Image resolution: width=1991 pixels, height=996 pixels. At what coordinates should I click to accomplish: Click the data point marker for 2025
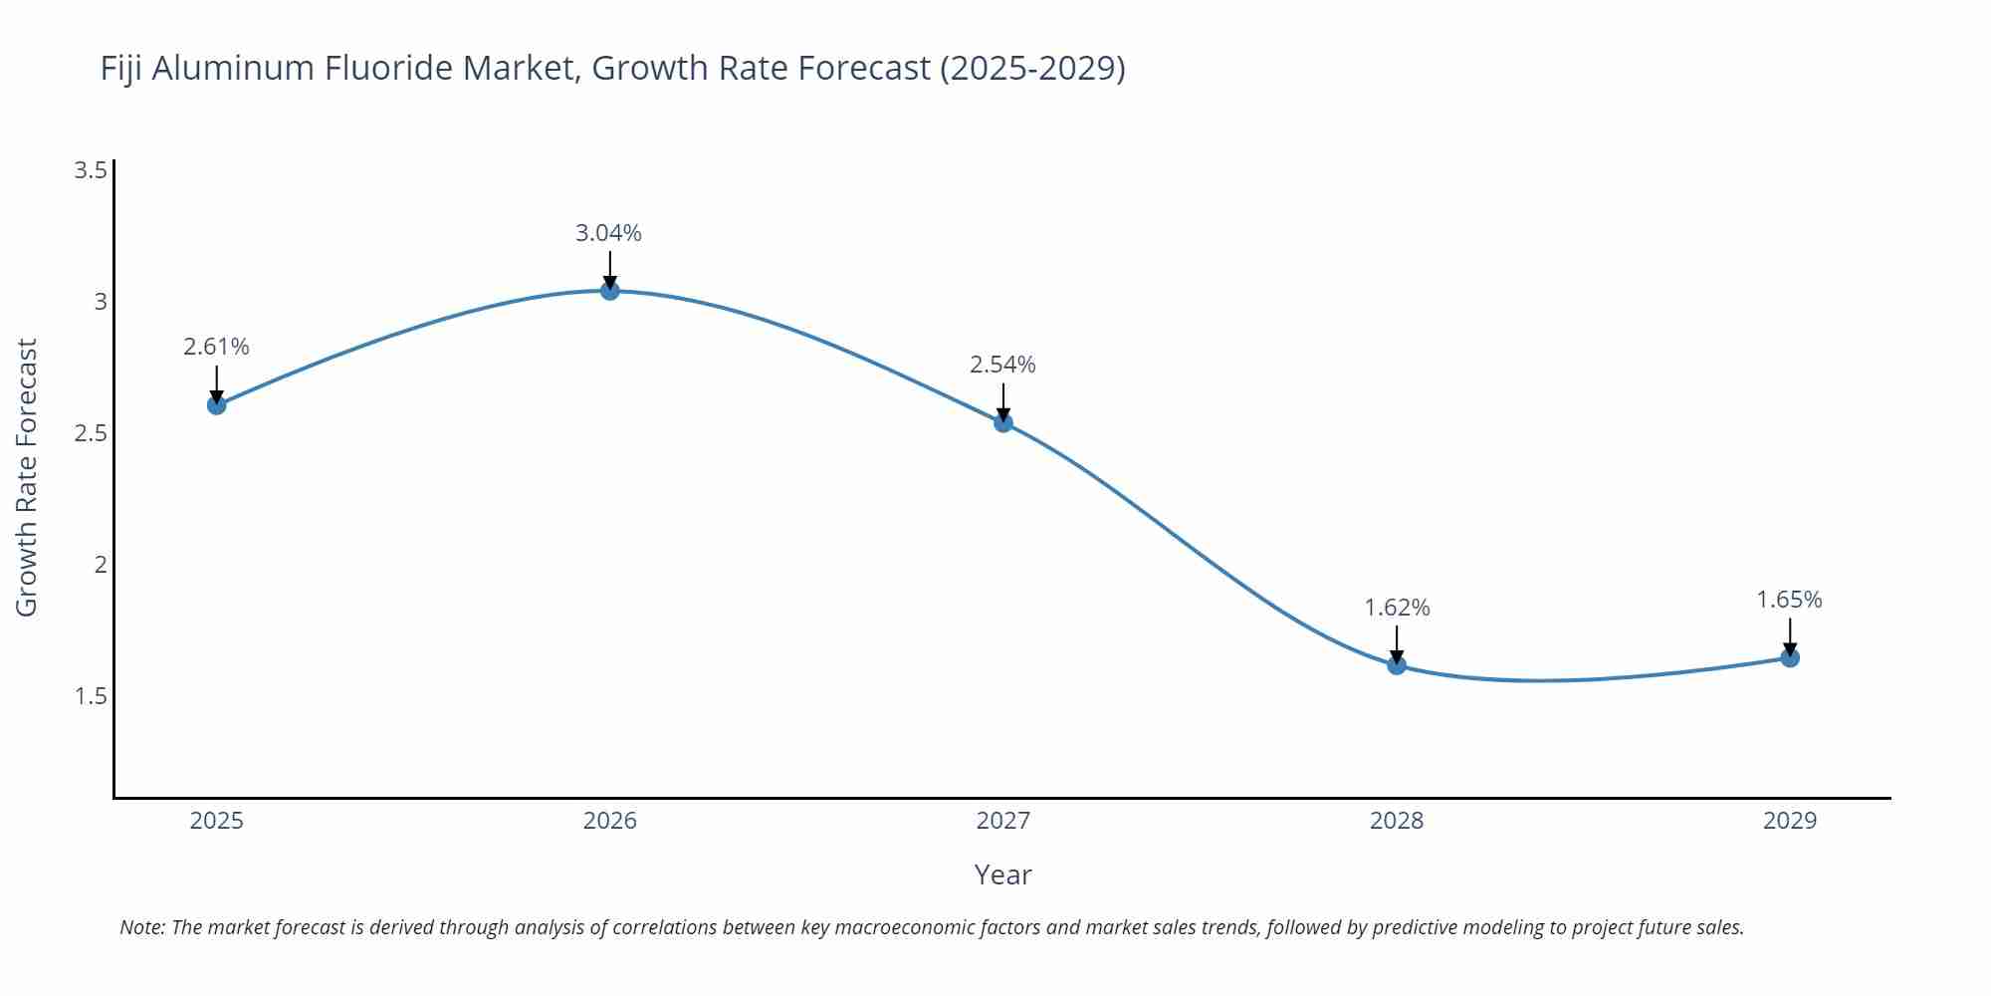[x=216, y=404]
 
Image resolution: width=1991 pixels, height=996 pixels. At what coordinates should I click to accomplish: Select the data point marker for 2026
[x=609, y=291]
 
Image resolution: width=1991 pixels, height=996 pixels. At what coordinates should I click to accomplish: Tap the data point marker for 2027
[x=1002, y=422]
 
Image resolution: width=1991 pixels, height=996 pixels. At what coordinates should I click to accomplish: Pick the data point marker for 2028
[x=1396, y=664]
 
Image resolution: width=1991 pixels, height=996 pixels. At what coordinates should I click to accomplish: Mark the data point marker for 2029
[x=1789, y=657]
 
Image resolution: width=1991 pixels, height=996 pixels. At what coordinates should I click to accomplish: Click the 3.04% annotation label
[x=608, y=233]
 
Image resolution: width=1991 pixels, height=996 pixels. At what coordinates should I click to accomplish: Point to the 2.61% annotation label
[x=216, y=347]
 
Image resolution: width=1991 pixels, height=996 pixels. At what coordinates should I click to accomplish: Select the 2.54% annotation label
[x=1002, y=365]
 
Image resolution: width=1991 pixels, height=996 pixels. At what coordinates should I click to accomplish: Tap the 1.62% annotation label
[x=1396, y=608]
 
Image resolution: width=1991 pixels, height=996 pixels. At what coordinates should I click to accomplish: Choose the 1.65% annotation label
[x=1789, y=600]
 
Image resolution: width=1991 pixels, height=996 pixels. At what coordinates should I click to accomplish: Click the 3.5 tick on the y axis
[x=91, y=170]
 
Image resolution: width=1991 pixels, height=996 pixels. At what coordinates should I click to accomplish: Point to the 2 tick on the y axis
[x=100, y=565]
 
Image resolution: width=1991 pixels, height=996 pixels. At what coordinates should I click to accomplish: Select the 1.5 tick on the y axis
[x=91, y=696]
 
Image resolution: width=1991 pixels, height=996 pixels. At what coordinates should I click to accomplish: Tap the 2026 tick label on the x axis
[x=609, y=821]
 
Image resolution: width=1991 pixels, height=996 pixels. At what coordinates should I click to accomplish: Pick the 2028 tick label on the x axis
[x=1396, y=821]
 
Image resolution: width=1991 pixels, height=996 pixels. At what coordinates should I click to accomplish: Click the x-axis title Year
[x=1002, y=874]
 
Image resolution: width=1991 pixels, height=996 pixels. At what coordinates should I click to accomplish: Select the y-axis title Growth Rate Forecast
[x=27, y=478]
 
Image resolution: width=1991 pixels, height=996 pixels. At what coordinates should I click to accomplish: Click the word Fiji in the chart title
[x=121, y=69]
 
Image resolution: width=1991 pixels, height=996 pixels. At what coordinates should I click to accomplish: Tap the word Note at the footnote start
[x=142, y=927]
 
